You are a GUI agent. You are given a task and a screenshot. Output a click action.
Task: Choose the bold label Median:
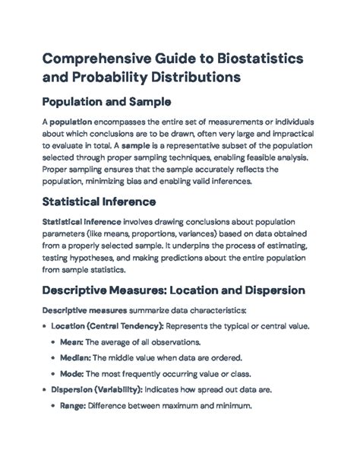(79, 357)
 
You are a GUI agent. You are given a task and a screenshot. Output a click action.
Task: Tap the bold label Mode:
(76, 373)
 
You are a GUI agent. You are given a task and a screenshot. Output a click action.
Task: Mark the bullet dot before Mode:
(53, 374)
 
